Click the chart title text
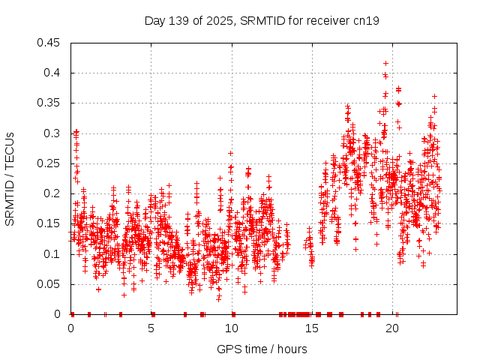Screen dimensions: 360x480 (x=262, y=20)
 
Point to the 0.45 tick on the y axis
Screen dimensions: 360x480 (x=50, y=43)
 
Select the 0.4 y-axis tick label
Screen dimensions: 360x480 (x=53, y=73)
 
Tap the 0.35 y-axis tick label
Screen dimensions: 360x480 (x=50, y=103)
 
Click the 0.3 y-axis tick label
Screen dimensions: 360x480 (x=53, y=133)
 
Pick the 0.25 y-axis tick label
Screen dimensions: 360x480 (x=50, y=163)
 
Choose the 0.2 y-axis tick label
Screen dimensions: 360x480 (x=53, y=193)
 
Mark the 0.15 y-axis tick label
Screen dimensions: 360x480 (x=50, y=223)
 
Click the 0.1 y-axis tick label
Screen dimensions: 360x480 (x=53, y=254)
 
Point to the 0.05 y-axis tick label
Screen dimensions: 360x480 (x=50, y=284)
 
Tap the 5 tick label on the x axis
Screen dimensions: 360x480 (x=151, y=328)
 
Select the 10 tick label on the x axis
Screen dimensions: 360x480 (x=232, y=328)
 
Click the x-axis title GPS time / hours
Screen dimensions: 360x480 (x=262, y=349)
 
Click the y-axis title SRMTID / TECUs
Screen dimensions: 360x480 (x=10, y=178)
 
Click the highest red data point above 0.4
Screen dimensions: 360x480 (x=385, y=63)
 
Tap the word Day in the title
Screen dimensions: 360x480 (x=155, y=20)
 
